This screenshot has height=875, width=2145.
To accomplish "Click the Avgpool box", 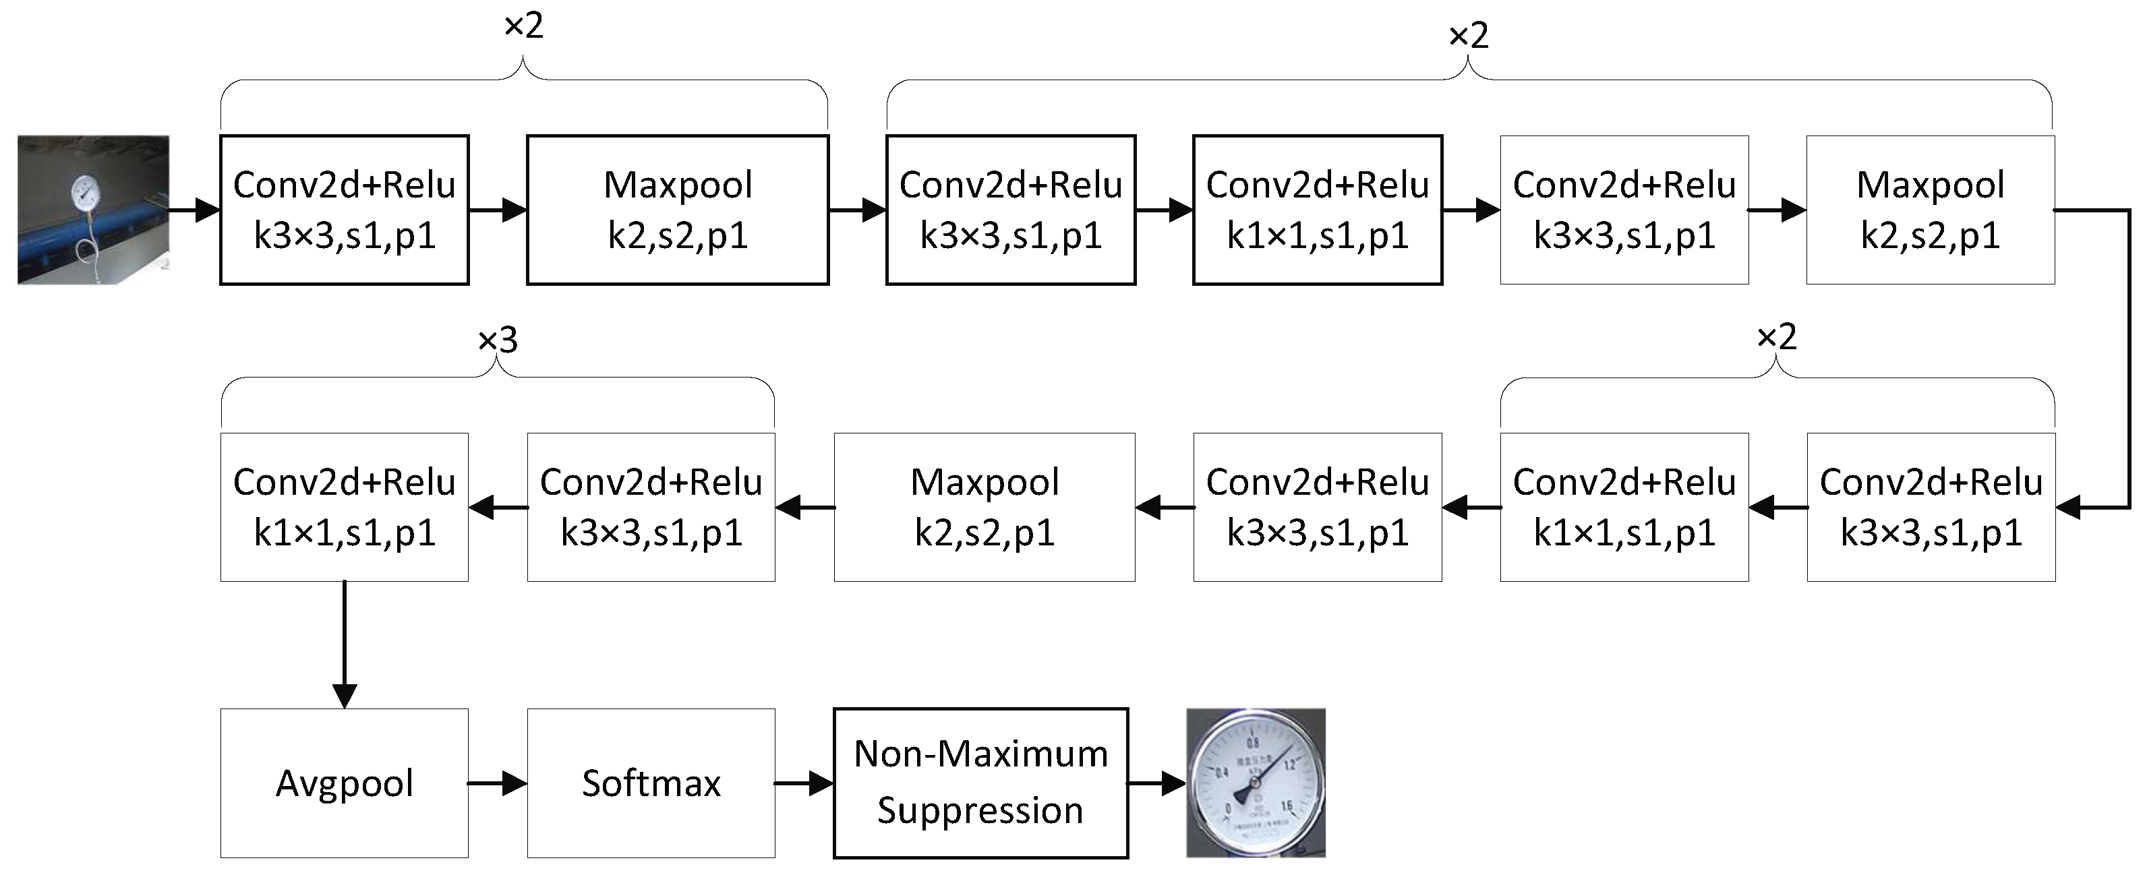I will point(344,783).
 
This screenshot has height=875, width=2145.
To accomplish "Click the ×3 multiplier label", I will point(498,340).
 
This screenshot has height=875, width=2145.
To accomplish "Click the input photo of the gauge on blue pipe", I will point(93,210).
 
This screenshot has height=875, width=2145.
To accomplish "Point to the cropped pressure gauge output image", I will point(1255,783).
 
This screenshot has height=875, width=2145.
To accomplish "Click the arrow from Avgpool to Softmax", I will point(497,783).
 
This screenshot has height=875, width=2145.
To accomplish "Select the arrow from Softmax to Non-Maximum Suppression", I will point(804,783).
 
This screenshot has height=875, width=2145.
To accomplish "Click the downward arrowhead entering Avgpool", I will point(344,694).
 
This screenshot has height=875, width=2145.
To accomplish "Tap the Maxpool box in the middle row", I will point(985,506).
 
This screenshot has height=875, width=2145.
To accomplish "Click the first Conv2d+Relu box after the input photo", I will point(344,210).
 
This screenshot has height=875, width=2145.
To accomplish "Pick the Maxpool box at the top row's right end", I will point(1929,210).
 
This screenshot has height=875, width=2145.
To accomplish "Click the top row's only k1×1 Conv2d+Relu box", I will point(1318,210).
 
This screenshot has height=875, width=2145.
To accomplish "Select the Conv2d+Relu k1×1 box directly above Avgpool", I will point(344,506).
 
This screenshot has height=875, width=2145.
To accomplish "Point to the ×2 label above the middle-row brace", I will point(1776,337).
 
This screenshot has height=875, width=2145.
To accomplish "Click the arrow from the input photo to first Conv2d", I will point(195,210).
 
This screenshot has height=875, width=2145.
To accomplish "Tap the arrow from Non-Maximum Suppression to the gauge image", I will point(1156,783).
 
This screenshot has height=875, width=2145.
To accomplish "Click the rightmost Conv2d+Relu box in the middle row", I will point(1930,506).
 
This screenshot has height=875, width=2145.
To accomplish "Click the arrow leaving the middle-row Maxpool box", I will point(804,506).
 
